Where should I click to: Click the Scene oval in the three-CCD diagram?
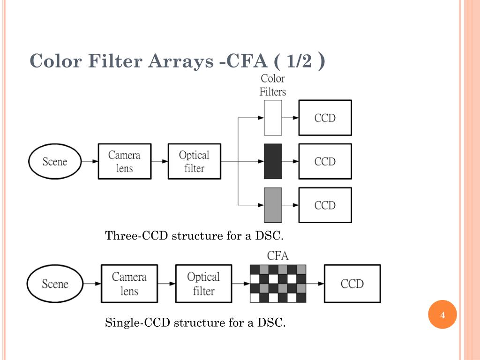click(54, 162)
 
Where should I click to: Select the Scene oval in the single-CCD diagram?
click(54, 284)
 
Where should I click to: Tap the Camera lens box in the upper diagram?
click(125, 161)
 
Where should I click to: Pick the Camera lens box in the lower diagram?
click(129, 284)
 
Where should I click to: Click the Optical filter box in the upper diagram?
click(194, 161)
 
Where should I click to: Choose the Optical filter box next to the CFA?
click(203, 284)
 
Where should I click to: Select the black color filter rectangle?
click(273, 161)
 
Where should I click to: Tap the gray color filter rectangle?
click(273, 205)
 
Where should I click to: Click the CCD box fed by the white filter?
click(325, 118)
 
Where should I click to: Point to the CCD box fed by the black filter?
click(325, 161)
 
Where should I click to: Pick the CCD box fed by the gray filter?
click(325, 205)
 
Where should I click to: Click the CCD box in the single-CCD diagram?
click(352, 284)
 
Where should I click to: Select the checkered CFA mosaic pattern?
click(278, 284)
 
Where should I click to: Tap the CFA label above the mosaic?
click(277, 256)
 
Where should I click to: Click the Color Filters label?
click(273, 85)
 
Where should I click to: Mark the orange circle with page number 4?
click(442, 315)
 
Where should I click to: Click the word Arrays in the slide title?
click(180, 61)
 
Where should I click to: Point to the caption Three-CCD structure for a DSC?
click(195, 235)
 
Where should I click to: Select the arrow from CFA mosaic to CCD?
click(315, 284)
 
